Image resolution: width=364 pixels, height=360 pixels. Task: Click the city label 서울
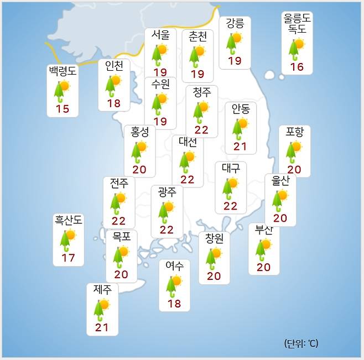click(160, 34)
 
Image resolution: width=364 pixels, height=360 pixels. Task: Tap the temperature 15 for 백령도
click(63, 109)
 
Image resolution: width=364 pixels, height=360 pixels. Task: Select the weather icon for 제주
click(102, 309)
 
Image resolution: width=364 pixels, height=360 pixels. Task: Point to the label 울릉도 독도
click(297, 24)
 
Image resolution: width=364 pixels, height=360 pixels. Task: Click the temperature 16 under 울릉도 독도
click(297, 67)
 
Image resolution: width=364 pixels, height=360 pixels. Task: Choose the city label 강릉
click(235, 24)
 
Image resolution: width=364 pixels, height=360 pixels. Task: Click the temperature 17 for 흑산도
click(69, 258)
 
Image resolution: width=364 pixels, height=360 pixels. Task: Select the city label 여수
click(174, 266)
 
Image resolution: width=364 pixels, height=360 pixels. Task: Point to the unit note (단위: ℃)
click(301, 343)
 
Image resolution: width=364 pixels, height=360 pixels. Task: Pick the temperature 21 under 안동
click(240, 147)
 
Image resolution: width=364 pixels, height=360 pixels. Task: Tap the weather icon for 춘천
click(197, 55)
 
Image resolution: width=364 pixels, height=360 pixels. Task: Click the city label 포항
click(294, 132)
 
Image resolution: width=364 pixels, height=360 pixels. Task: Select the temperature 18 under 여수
click(174, 304)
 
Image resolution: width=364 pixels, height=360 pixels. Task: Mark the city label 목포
click(121, 237)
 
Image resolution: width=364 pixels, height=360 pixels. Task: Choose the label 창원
click(214, 239)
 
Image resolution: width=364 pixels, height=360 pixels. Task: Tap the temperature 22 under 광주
click(167, 229)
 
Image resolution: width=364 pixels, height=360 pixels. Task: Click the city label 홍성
click(139, 132)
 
